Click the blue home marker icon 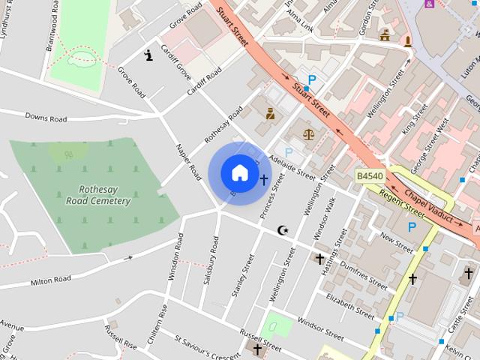239,172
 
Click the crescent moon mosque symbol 283,230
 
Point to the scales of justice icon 309,134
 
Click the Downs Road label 46,118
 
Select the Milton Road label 51,280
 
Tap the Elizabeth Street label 349,307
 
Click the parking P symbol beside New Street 411,226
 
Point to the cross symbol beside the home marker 263,180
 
